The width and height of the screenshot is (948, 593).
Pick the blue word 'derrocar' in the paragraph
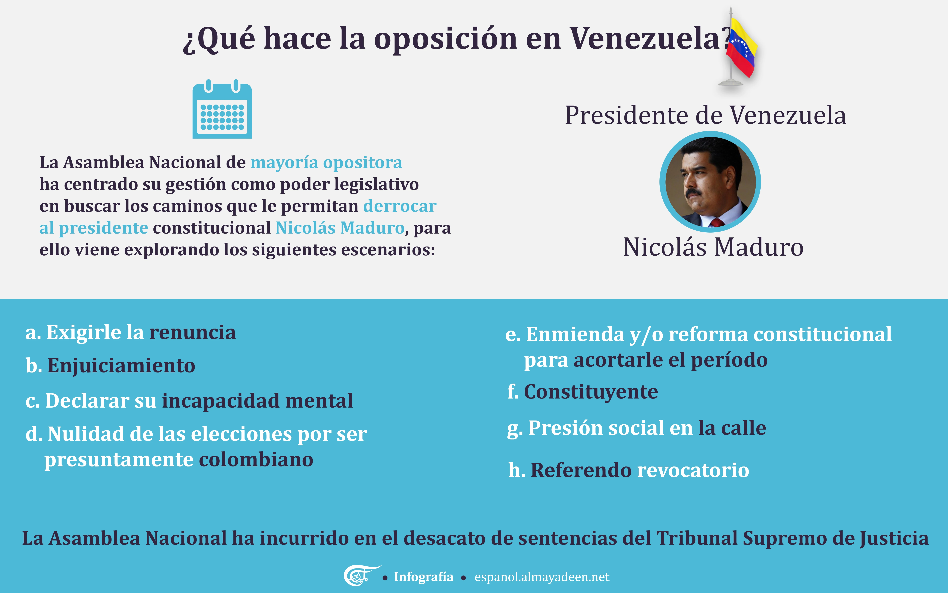[x=400, y=206]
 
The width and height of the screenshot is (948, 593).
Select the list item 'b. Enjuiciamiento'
[x=110, y=365]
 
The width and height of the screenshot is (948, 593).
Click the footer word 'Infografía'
[x=424, y=577]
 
